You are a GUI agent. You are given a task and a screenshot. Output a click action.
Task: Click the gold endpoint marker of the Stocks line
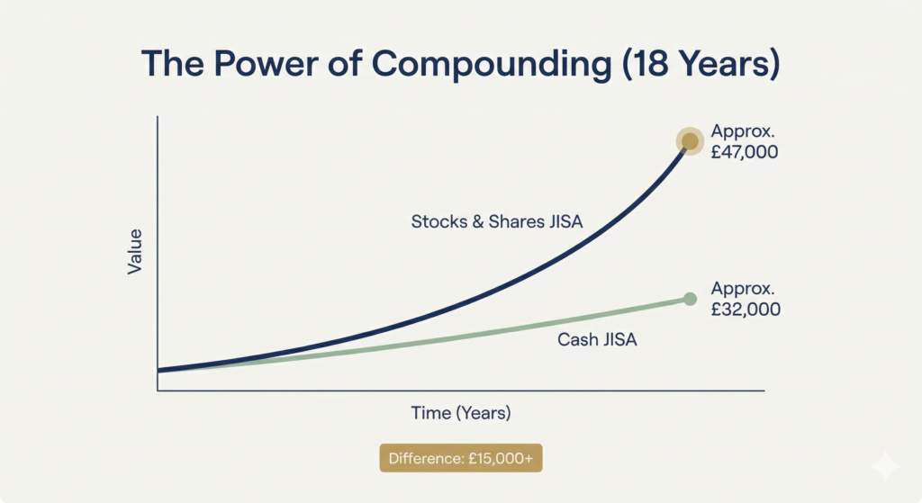690,140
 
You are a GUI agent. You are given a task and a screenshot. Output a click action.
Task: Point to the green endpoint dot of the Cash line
690,299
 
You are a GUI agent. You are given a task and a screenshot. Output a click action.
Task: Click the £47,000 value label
744,152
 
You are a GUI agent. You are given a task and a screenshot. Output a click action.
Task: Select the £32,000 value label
744,310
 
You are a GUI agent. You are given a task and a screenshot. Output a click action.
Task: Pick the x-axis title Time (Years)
461,413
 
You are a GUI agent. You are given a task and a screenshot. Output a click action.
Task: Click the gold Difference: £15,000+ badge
460,458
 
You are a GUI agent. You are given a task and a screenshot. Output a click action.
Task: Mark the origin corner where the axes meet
158,391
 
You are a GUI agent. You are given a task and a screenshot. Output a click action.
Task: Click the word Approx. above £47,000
742,130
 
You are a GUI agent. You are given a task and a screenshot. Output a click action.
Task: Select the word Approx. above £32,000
742,288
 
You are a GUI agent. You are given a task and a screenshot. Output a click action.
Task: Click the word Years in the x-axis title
486,413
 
